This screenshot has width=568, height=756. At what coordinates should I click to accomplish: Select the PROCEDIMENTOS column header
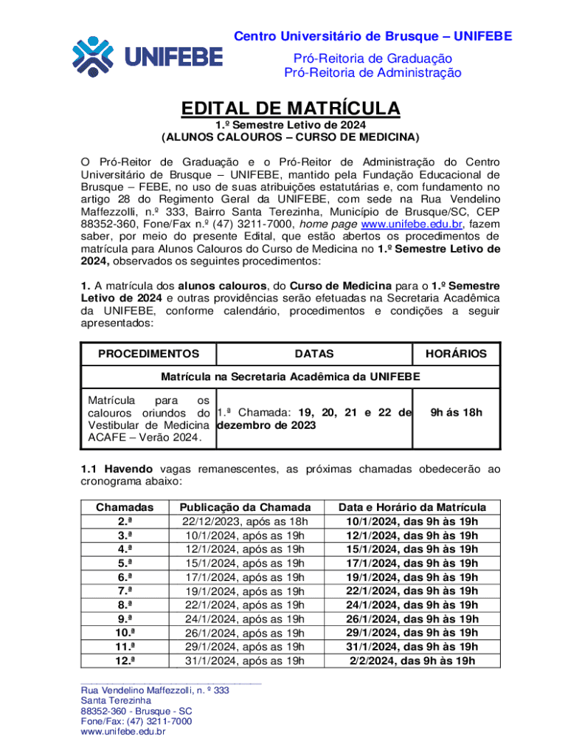tap(148, 354)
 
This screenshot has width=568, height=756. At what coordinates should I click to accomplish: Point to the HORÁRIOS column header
tap(456, 354)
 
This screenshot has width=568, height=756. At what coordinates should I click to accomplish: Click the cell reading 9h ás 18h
tap(456, 412)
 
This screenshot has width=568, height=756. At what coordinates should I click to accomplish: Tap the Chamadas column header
tap(125, 507)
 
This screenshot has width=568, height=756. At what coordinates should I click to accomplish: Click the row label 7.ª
tap(125, 591)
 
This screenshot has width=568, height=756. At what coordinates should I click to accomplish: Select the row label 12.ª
tap(125, 661)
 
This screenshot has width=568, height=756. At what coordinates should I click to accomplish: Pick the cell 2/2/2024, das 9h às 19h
tap(412, 661)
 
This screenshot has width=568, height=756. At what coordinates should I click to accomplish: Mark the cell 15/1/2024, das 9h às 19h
tap(412, 549)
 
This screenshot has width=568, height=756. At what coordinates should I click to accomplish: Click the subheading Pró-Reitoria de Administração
tap(373, 72)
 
